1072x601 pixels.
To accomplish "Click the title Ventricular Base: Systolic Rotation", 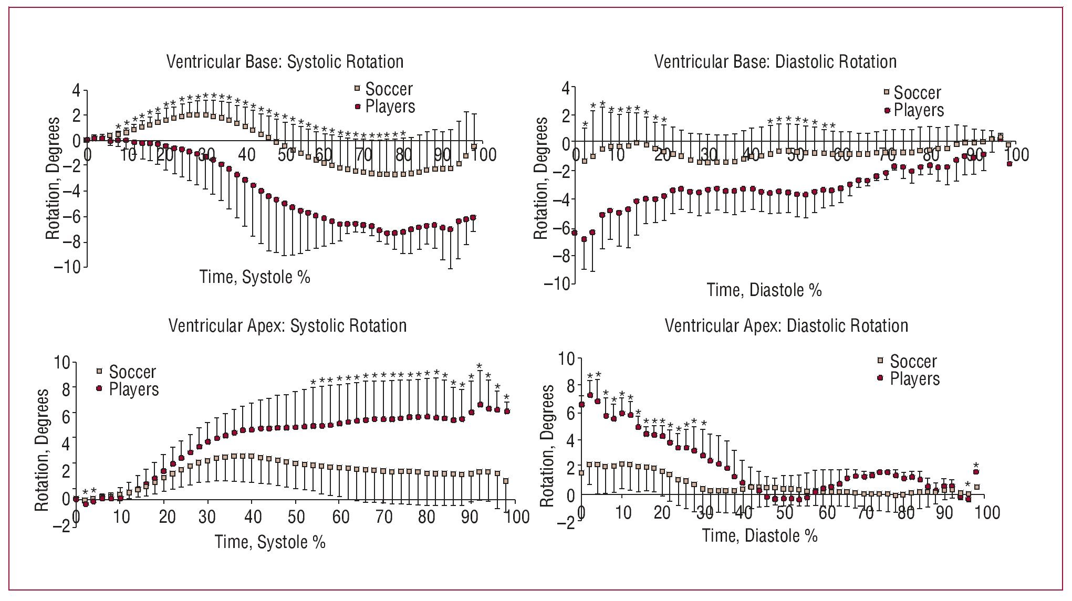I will tap(285, 62).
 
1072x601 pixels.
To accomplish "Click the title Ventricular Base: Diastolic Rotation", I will tap(775, 62).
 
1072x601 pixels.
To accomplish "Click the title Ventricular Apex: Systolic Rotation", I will tap(287, 326).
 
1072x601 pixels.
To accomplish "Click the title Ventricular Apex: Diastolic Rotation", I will tap(786, 326).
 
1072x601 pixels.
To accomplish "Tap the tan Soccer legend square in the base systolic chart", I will tap(358, 88).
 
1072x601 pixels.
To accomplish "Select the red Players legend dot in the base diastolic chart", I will tap(887, 110).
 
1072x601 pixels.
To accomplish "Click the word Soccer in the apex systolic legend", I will tap(132, 372).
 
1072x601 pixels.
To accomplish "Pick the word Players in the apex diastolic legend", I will tap(914, 379).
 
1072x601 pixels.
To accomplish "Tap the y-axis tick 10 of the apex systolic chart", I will tap(61, 363).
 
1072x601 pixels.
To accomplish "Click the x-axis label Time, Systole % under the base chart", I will tap(255, 277).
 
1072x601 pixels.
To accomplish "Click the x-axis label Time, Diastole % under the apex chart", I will tap(759, 535).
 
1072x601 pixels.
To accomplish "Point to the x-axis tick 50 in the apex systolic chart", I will tap(296, 517).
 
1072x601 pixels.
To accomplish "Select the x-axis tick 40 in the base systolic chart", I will tap(246, 155).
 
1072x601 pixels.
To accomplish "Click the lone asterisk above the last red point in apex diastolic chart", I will tap(976, 465).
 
